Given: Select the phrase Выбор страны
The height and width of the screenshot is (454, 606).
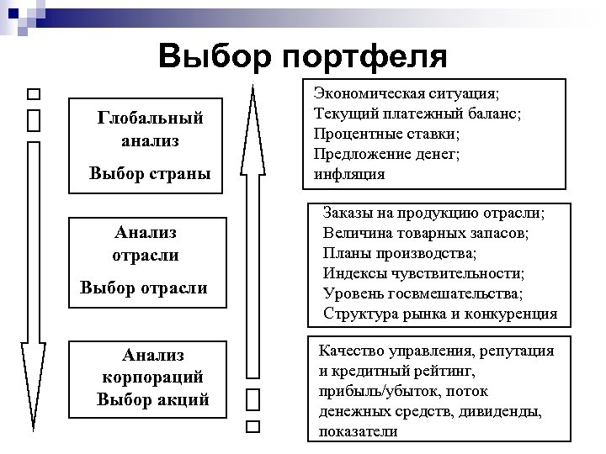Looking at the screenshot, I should [x=150, y=175].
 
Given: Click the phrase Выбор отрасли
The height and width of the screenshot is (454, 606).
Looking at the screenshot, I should [x=144, y=289].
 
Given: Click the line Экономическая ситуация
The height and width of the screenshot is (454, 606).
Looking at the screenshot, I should [x=406, y=93].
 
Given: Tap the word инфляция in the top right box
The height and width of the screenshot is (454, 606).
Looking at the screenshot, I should [x=348, y=175].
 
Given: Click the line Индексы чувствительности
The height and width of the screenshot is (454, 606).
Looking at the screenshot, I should [x=423, y=273].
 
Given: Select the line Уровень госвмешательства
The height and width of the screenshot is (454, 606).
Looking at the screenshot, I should [x=423, y=293].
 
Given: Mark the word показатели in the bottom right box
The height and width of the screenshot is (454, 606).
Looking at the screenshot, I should [x=358, y=432].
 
